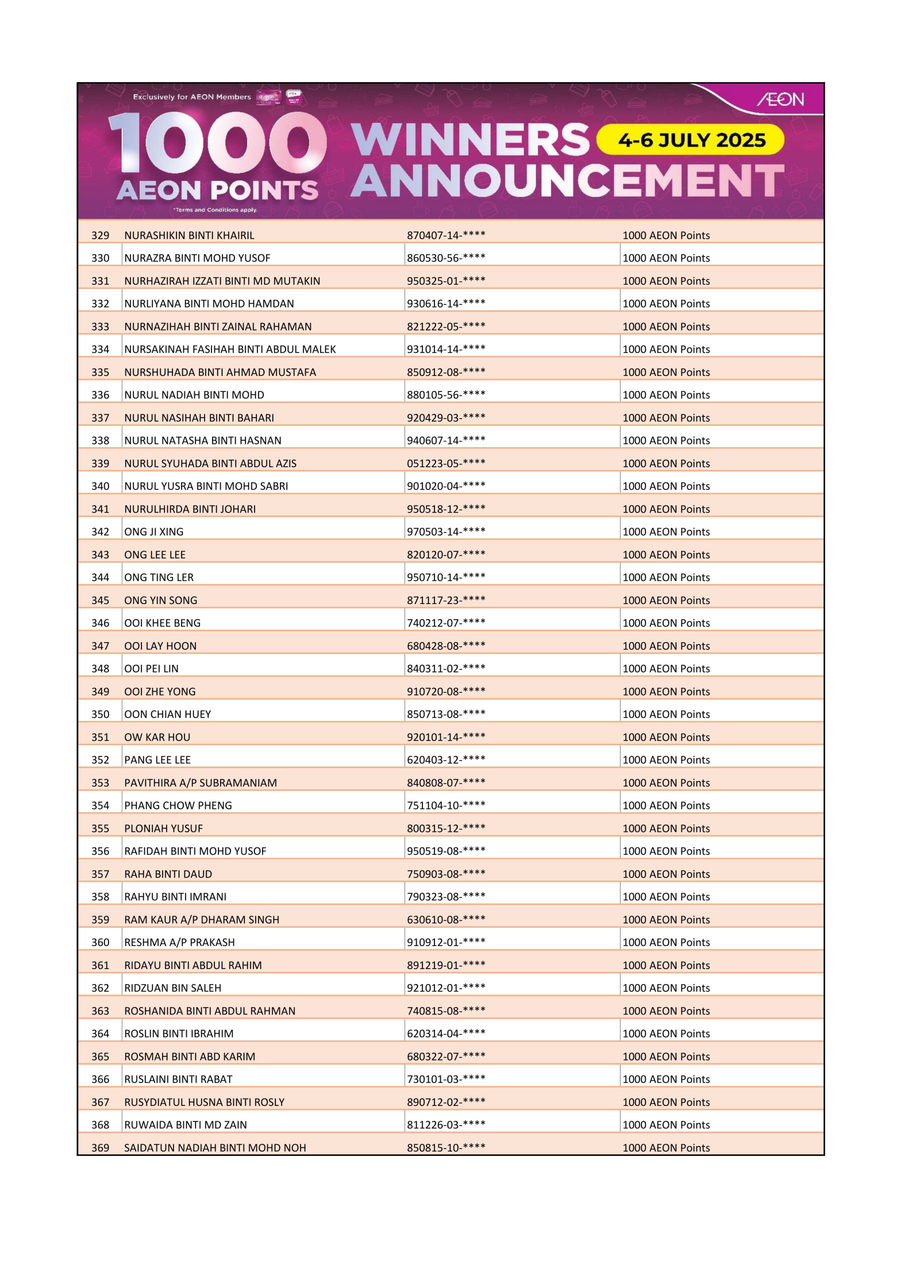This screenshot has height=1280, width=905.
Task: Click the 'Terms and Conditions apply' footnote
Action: [x=214, y=210]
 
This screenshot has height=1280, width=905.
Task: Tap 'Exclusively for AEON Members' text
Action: [x=192, y=97]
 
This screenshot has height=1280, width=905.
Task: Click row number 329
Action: [x=100, y=235]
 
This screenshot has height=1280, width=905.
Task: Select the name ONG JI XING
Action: [x=154, y=532]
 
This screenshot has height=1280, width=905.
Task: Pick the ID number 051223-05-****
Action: [x=445, y=463]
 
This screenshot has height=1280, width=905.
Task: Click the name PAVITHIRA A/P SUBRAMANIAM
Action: [x=200, y=782]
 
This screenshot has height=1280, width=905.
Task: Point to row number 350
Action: [x=100, y=714]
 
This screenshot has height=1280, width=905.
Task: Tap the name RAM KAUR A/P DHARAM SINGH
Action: [x=201, y=919]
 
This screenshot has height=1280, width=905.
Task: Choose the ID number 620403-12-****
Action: [x=445, y=760]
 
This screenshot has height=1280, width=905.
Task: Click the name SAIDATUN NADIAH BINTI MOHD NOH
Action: [x=214, y=1147]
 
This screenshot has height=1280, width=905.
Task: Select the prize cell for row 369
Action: [x=666, y=1147]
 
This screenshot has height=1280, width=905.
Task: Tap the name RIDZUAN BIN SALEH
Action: [x=172, y=988]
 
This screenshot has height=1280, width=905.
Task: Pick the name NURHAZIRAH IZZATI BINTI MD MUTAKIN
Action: [x=222, y=281]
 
